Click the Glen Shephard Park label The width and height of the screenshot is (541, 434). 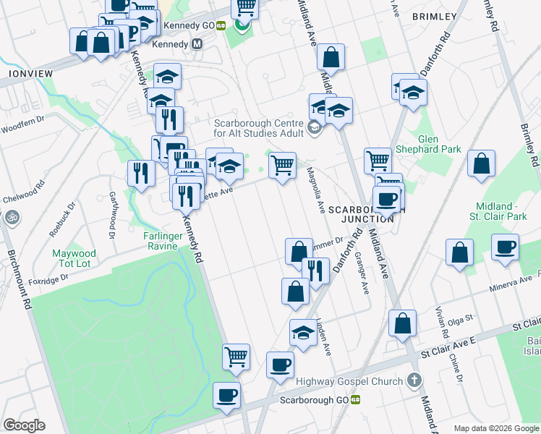438,143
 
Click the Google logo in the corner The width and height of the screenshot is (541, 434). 24,425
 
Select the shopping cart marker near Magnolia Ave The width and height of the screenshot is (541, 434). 282,165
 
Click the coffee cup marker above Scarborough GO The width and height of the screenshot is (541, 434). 280,365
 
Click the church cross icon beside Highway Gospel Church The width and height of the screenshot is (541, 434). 414,380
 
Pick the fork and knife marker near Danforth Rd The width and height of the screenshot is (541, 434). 315,271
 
